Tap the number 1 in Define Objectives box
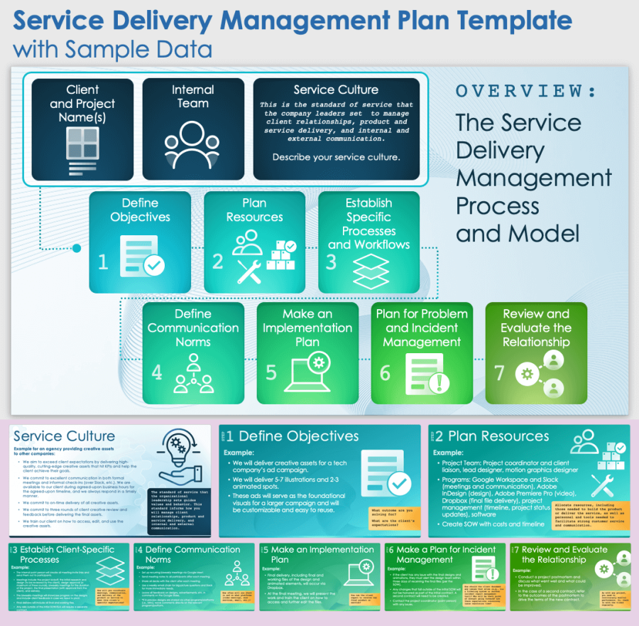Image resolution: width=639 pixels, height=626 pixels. pos(103,261)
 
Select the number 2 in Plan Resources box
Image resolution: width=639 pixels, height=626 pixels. pos(218,261)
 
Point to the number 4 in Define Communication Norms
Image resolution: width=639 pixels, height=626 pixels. pos(158,372)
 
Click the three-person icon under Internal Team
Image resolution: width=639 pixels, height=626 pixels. pos(192,148)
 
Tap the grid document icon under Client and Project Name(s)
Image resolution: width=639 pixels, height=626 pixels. pos(83,150)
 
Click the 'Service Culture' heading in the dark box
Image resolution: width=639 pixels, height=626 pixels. pos(336,90)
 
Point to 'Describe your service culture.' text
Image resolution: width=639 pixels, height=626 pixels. pos(336,157)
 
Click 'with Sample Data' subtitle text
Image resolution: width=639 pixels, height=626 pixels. pos(112,50)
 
